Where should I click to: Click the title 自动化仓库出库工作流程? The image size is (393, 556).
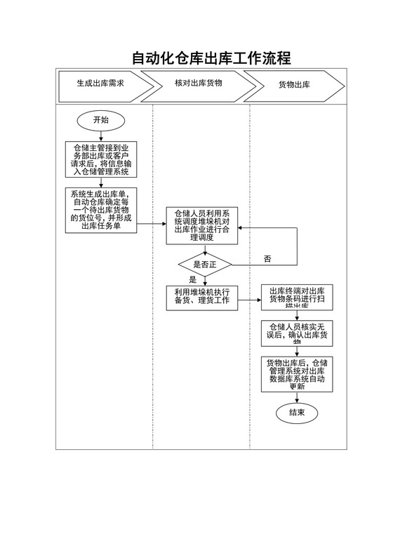pos(211,58)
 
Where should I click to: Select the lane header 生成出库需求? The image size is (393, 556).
pos(100,84)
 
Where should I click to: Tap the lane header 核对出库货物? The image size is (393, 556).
pos(199,84)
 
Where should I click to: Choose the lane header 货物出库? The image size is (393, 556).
pos(294,85)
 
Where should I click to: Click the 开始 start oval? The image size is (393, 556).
pos(101,120)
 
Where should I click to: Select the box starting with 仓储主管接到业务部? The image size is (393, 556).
pos(101,159)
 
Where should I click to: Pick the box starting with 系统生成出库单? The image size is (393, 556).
pos(101,209)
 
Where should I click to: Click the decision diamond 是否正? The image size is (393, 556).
pos(205,265)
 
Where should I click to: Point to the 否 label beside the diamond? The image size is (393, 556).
pos(267,259)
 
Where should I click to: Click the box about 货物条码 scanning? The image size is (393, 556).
pos(296,298)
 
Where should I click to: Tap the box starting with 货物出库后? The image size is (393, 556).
pos(296,373)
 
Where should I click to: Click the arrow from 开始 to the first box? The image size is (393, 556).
pos(101,136)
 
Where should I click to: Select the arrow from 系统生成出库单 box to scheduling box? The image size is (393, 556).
pos(151,226)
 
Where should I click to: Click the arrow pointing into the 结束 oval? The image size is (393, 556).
pos(296,397)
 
